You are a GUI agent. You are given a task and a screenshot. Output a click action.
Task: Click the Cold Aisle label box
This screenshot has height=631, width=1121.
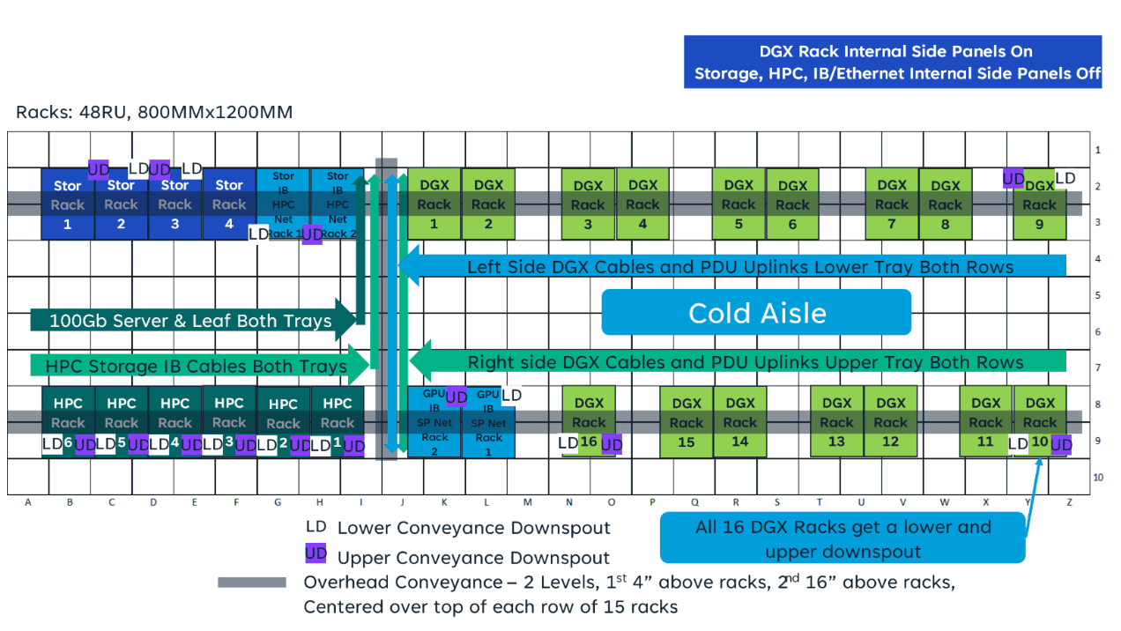pyautogui.click(x=756, y=313)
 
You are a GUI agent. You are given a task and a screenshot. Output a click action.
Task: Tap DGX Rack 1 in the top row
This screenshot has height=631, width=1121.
pyautogui.click(x=434, y=204)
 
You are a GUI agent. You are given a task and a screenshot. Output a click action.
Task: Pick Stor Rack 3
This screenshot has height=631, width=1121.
pyautogui.click(x=174, y=204)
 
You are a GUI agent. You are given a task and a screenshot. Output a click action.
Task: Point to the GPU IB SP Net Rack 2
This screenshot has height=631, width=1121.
pyautogui.click(x=434, y=423)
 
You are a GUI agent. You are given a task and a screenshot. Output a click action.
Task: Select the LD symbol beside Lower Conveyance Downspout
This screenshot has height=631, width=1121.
pyautogui.click(x=316, y=527)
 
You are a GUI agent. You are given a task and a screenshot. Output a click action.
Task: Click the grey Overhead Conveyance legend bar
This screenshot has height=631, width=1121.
pyautogui.click(x=252, y=583)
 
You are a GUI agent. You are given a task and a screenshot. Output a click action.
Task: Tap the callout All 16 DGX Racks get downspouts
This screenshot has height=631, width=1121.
pyautogui.click(x=843, y=539)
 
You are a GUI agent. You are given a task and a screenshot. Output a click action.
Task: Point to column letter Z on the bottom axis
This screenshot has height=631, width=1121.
pyautogui.click(x=1069, y=503)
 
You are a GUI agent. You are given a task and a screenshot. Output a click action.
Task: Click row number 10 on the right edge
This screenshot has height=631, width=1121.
pyautogui.click(x=1097, y=477)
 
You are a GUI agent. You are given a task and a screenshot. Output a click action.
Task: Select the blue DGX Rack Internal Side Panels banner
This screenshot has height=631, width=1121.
pyautogui.click(x=893, y=63)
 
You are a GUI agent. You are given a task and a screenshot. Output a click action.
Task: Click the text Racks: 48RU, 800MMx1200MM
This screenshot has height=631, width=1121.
pyautogui.click(x=154, y=113)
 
